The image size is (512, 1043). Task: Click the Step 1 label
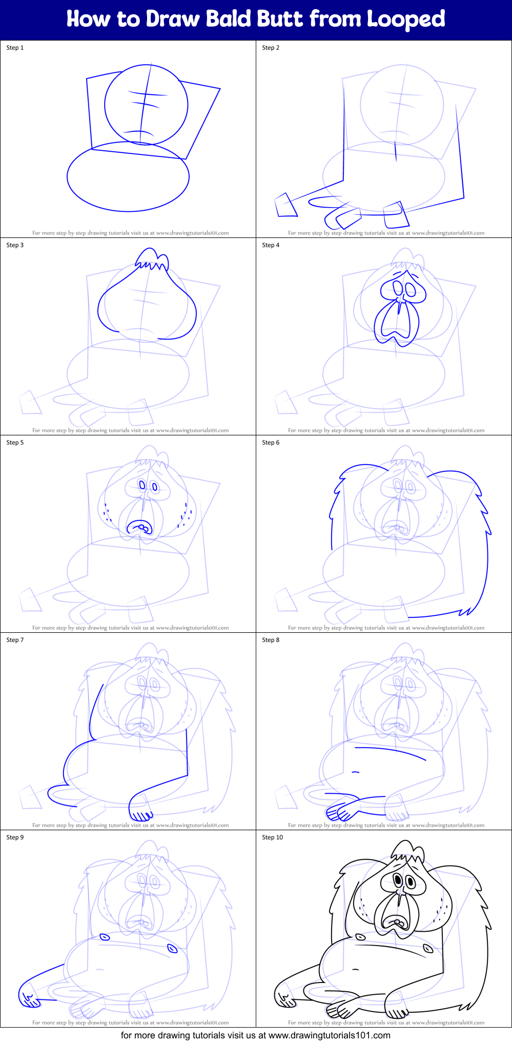point(15,48)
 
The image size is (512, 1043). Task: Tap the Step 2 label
point(271,48)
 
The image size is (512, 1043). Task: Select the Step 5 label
point(15,443)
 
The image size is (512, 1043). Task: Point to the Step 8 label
point(271,640)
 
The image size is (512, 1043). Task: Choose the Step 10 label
point(272,837)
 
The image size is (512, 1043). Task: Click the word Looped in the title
point(405,19)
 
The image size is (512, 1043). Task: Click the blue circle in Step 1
point(146,105)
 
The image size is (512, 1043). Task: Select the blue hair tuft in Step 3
point(152,258)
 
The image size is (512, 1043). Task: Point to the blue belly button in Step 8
point(355,772)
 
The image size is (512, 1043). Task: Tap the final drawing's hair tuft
point(407,851)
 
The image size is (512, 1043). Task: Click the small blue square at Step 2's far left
point(285,205)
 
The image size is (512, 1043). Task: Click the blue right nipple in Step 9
point(172,949)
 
